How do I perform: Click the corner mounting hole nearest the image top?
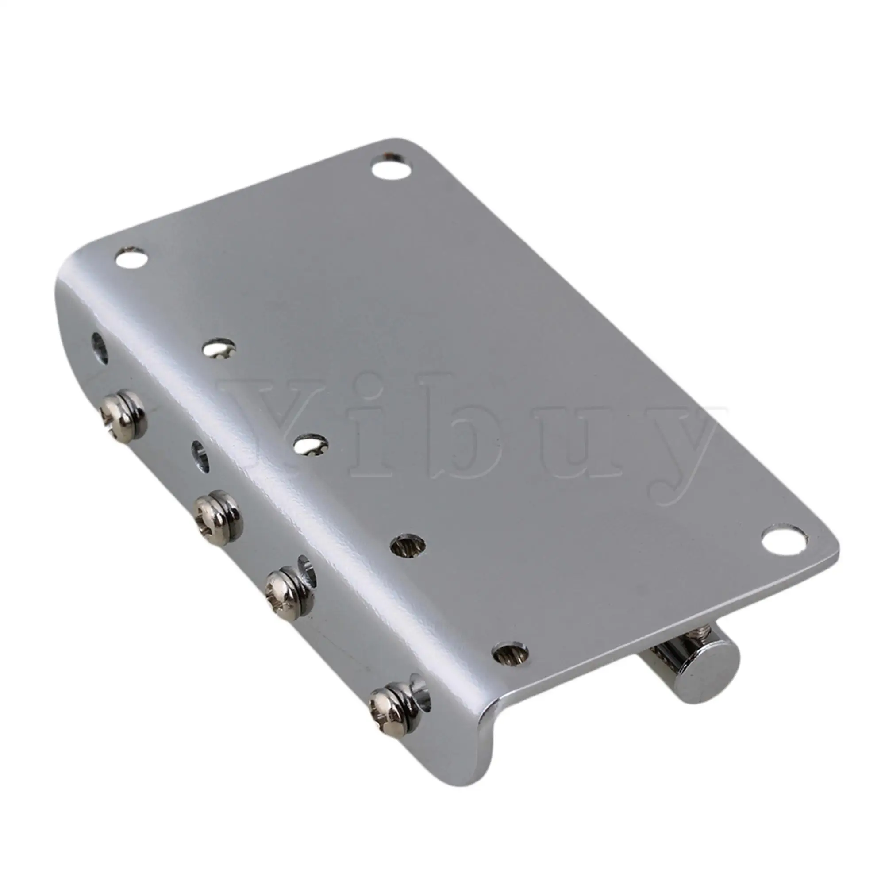390,168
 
